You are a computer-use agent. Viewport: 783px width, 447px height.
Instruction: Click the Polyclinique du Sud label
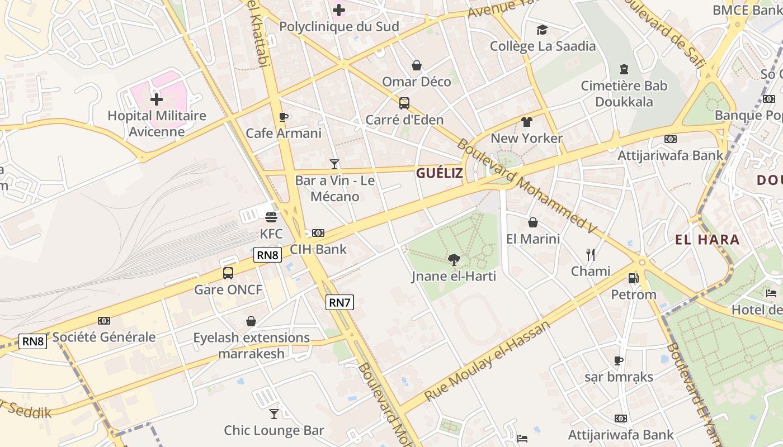tap(339, 26)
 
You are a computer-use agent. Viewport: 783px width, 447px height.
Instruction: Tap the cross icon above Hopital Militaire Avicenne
tap(157, 99)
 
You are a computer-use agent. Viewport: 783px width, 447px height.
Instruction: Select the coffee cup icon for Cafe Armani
tap(284, 117)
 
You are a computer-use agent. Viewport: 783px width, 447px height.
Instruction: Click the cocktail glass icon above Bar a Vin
tap(334, 164)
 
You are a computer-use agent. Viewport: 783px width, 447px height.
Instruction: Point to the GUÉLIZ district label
tap(439, 173)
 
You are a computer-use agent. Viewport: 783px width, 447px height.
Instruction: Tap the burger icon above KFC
tap(271, 217)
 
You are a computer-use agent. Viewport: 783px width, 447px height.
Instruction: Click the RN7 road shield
tap(339, 303)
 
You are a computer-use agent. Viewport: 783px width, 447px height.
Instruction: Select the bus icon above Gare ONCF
tap(228, 273)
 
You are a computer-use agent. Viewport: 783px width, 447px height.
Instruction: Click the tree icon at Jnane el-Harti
tap(454, 259)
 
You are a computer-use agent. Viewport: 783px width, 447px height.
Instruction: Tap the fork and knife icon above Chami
tap(591, 255)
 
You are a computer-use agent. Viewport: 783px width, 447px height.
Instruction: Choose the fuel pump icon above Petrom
tap(633, 278)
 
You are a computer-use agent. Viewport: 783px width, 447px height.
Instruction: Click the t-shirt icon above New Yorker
tap(526, 121)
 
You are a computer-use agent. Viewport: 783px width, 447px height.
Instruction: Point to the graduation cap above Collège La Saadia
tap(542, 30)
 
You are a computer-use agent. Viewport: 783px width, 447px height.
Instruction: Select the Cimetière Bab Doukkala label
tap(624, 94)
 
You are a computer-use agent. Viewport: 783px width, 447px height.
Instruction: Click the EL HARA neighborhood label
tap(707, 240)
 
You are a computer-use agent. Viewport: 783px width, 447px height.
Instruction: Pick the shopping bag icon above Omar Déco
tap(417, 65)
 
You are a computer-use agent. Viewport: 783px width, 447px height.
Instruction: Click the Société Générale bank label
tap(104, 337)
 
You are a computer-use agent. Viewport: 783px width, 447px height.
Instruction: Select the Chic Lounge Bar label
tap(274, 430)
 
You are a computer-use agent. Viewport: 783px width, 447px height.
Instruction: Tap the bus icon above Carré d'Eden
tap(404, 103)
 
